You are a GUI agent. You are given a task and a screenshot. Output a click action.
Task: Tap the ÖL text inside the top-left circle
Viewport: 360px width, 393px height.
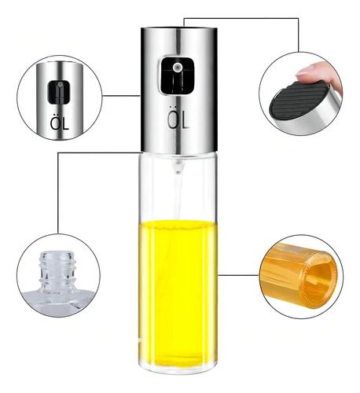pos(60,123)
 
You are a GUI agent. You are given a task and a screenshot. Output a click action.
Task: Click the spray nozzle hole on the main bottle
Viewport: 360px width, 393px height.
pos(177,68)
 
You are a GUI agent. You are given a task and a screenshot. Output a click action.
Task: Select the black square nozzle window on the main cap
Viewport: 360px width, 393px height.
pos(178,75)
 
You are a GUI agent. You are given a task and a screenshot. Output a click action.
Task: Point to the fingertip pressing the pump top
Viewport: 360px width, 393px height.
pos(312,72)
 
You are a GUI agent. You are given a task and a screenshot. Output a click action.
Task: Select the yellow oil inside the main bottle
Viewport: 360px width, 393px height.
pos(178,293)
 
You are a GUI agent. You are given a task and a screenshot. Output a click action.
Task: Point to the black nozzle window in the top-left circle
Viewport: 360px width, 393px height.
pos(59,92)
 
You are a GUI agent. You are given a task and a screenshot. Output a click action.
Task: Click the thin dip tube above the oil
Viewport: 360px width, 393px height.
pos(178,197)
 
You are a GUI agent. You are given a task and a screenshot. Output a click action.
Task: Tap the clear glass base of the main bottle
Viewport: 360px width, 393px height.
pos(178,369)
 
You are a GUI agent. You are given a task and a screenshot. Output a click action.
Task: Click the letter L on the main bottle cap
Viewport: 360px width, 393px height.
pos(185,120)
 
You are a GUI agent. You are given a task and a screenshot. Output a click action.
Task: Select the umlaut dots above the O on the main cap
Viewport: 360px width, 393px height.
pos(173,108)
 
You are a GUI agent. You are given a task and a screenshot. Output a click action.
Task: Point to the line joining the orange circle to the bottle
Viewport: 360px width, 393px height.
pos(238,275)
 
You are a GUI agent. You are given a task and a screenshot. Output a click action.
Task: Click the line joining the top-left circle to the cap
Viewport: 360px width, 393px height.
pos(121,96)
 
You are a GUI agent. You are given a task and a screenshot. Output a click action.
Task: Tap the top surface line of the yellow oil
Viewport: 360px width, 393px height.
pos(178,222)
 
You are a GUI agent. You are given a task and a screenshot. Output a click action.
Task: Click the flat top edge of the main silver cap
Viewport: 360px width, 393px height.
pos(179,28)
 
